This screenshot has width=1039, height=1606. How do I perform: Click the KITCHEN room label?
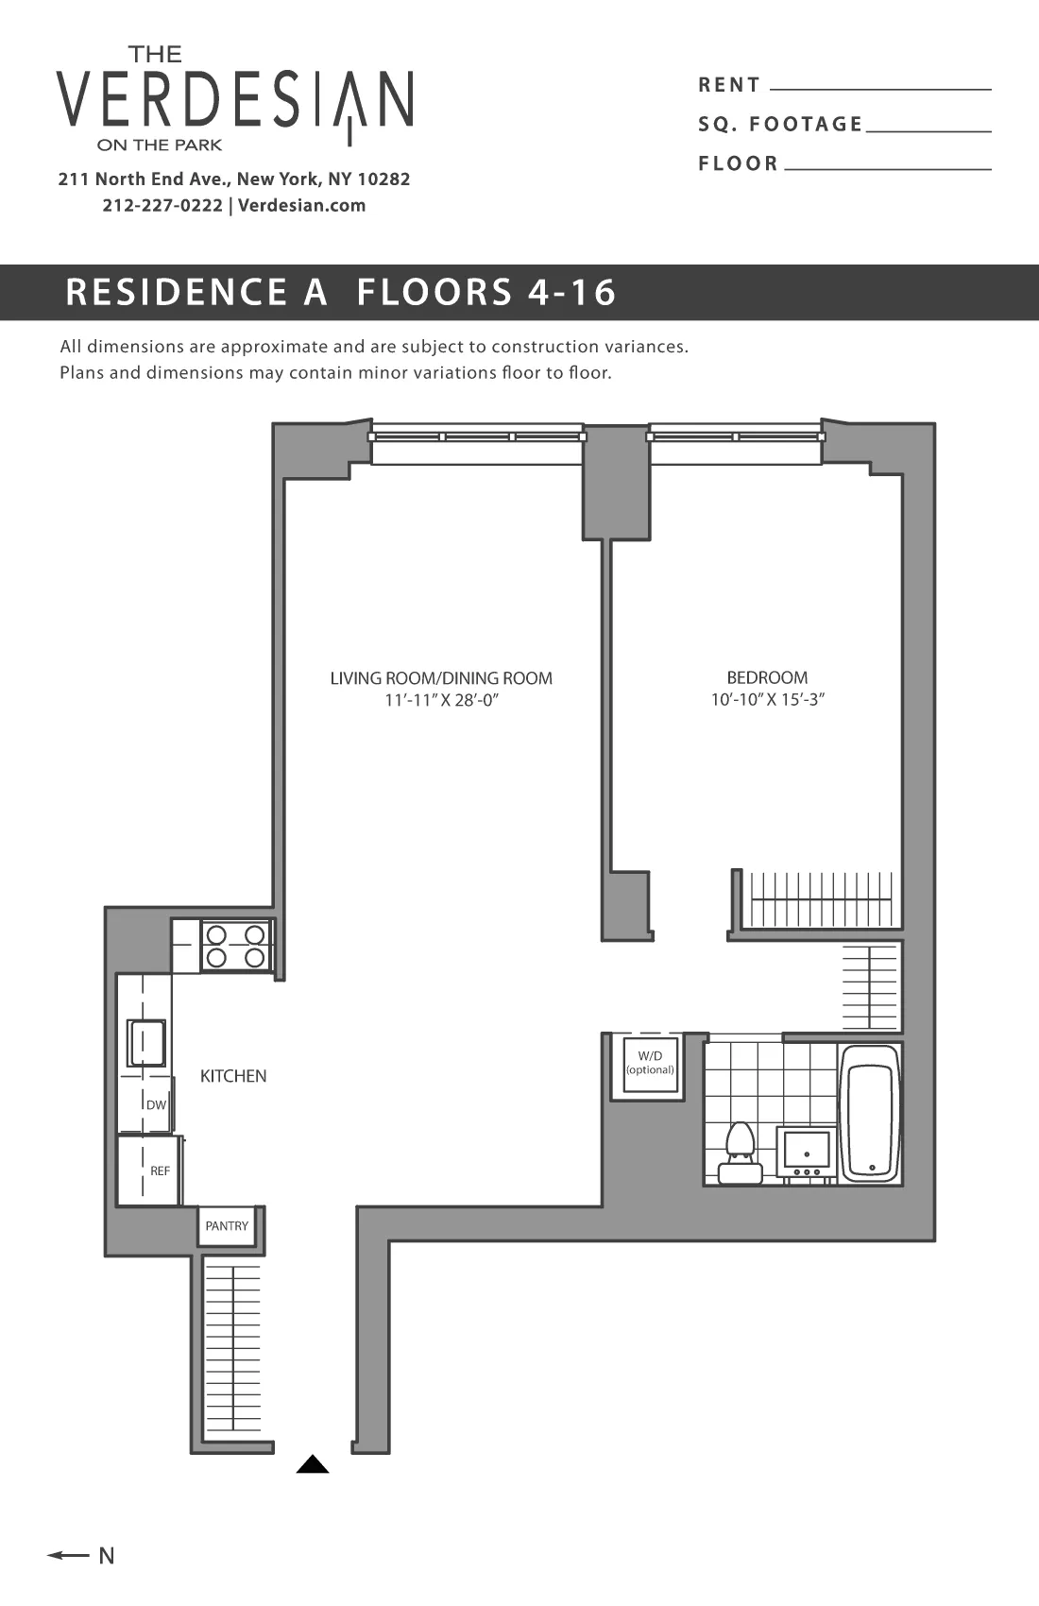pyautogui.click(x=233, y=1076)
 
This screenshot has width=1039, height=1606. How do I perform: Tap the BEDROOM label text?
pyautogui.click(x=767, y=677)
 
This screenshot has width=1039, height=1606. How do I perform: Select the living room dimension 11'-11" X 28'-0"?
pyautogui.click(x=441, y=701)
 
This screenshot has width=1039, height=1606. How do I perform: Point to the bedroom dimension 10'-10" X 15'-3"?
pyautogui.click(x=767, y=700)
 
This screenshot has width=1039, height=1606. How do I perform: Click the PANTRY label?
pyautogui.click(x=227, y=1226)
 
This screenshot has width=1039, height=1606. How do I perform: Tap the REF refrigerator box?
pyautogui.click(x=149, y=1171)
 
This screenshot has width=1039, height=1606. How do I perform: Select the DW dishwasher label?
pyautogui.click(x=155, y=1104)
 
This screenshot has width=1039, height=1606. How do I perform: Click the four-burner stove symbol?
pyautogui.click(x=235, y=946)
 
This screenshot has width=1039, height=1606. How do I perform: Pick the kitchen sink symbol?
pyautogui.click(x=146, y=1043)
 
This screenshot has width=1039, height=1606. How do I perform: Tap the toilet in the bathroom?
pyautogui.click(x=740, y=1153)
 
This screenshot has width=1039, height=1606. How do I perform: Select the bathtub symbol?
pyautogui.click(x=870, y=1113)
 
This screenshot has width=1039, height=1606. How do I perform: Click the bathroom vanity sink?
pyautogui.click(x=806, y=1153)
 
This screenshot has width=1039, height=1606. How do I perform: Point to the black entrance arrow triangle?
pyautogui.click(x=313, y=1465)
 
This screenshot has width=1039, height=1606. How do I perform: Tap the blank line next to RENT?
pyautogui.click(x=880, y=88)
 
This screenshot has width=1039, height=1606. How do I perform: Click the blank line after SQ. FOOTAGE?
pyautogui.click(x=928, y=129)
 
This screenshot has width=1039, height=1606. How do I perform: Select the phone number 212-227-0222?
pyautogui.click(x=162, y=206)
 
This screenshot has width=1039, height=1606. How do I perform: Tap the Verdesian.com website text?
pyautogui.click(x=301, y=206)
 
